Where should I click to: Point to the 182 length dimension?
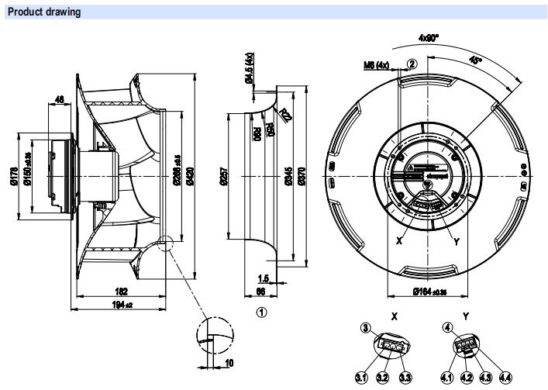122,292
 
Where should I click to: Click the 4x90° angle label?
429,36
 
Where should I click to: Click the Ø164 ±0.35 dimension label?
425,292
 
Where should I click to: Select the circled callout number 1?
262,312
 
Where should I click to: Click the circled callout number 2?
412,64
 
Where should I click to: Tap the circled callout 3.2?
382,378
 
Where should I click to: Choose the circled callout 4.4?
505,378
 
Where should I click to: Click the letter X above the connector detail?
395,316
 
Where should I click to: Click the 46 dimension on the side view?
60,98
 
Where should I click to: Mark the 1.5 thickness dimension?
264,277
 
